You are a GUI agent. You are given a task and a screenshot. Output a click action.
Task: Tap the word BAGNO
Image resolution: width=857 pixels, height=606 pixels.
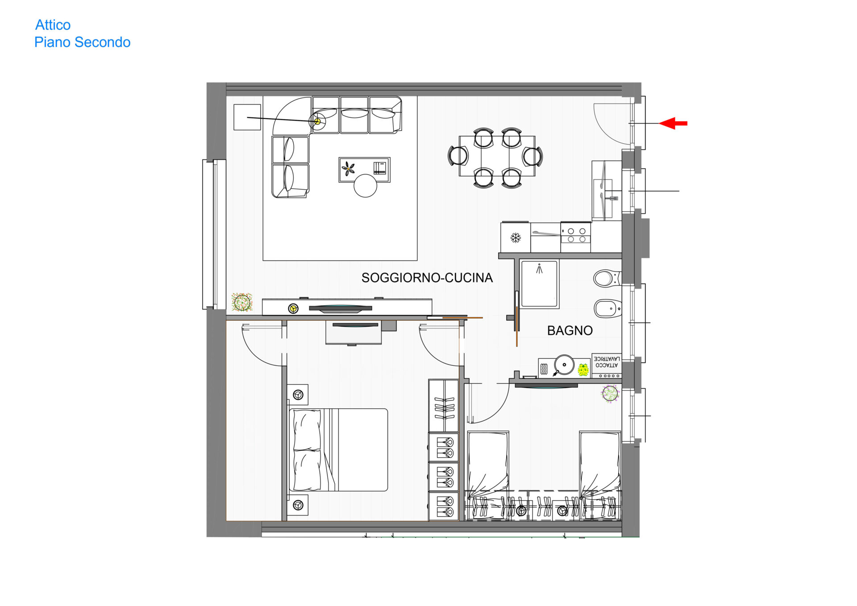tap(570, 331)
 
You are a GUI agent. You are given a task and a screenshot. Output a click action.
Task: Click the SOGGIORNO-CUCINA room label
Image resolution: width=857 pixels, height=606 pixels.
tap(427, 278)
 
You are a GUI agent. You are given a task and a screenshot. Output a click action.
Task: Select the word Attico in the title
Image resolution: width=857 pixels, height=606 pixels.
tap(53, 25)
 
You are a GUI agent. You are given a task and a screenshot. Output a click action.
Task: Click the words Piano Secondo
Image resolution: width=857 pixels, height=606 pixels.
tap(83, 42)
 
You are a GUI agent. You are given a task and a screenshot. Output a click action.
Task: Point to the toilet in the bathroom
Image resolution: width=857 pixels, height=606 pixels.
tap(607, 278)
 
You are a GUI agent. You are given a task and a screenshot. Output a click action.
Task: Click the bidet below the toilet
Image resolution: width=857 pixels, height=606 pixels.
tap(607, 308)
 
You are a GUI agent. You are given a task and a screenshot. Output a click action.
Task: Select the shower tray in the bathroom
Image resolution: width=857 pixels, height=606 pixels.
tap(540, 284)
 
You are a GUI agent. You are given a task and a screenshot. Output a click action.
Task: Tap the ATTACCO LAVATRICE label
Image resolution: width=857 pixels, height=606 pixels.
tap(607, 362)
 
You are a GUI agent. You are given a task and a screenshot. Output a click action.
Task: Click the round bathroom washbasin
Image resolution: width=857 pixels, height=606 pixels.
tap(564, 365)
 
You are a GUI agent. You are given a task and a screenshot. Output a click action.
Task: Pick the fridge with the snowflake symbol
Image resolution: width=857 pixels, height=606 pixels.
tap(516, 237)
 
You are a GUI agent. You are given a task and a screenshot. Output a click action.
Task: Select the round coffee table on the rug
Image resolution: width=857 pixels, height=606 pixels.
tap(366, 186)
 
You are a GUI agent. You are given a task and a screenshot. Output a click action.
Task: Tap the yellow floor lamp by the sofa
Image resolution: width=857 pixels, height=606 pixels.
tap(317, 121)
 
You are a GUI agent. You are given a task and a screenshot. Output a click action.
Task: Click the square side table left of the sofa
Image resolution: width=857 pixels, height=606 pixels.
tap(247, 117)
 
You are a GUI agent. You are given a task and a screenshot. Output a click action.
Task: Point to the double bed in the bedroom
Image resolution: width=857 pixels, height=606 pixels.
tap(339, 450)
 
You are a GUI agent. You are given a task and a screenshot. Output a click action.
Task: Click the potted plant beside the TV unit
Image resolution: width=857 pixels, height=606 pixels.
tap(242, 303)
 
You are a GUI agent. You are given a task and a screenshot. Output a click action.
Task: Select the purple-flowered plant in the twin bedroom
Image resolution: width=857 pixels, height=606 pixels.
tap(610, 394)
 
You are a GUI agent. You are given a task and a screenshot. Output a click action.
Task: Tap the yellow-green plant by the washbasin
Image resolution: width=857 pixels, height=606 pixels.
tap(583, 369)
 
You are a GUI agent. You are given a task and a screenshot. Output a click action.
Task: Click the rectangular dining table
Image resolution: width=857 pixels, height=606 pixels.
tap(497, 156)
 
